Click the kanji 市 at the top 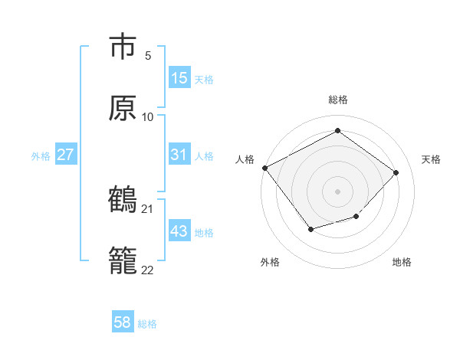[123, 46]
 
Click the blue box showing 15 [179, 78]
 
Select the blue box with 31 [179, 155]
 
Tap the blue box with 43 [179, 231]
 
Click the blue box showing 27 [66, 155]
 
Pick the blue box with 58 [123, 322]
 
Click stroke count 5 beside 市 [148, 56]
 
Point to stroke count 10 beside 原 [148, 117]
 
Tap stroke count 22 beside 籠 [148, 270]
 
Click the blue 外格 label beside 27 [41, 155]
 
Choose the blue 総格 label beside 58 [147, 324]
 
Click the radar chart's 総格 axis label [337, 100]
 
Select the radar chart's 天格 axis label [431, 159]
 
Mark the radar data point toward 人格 [264, 168]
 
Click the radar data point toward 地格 [356, 218]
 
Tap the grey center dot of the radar [337, 191]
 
